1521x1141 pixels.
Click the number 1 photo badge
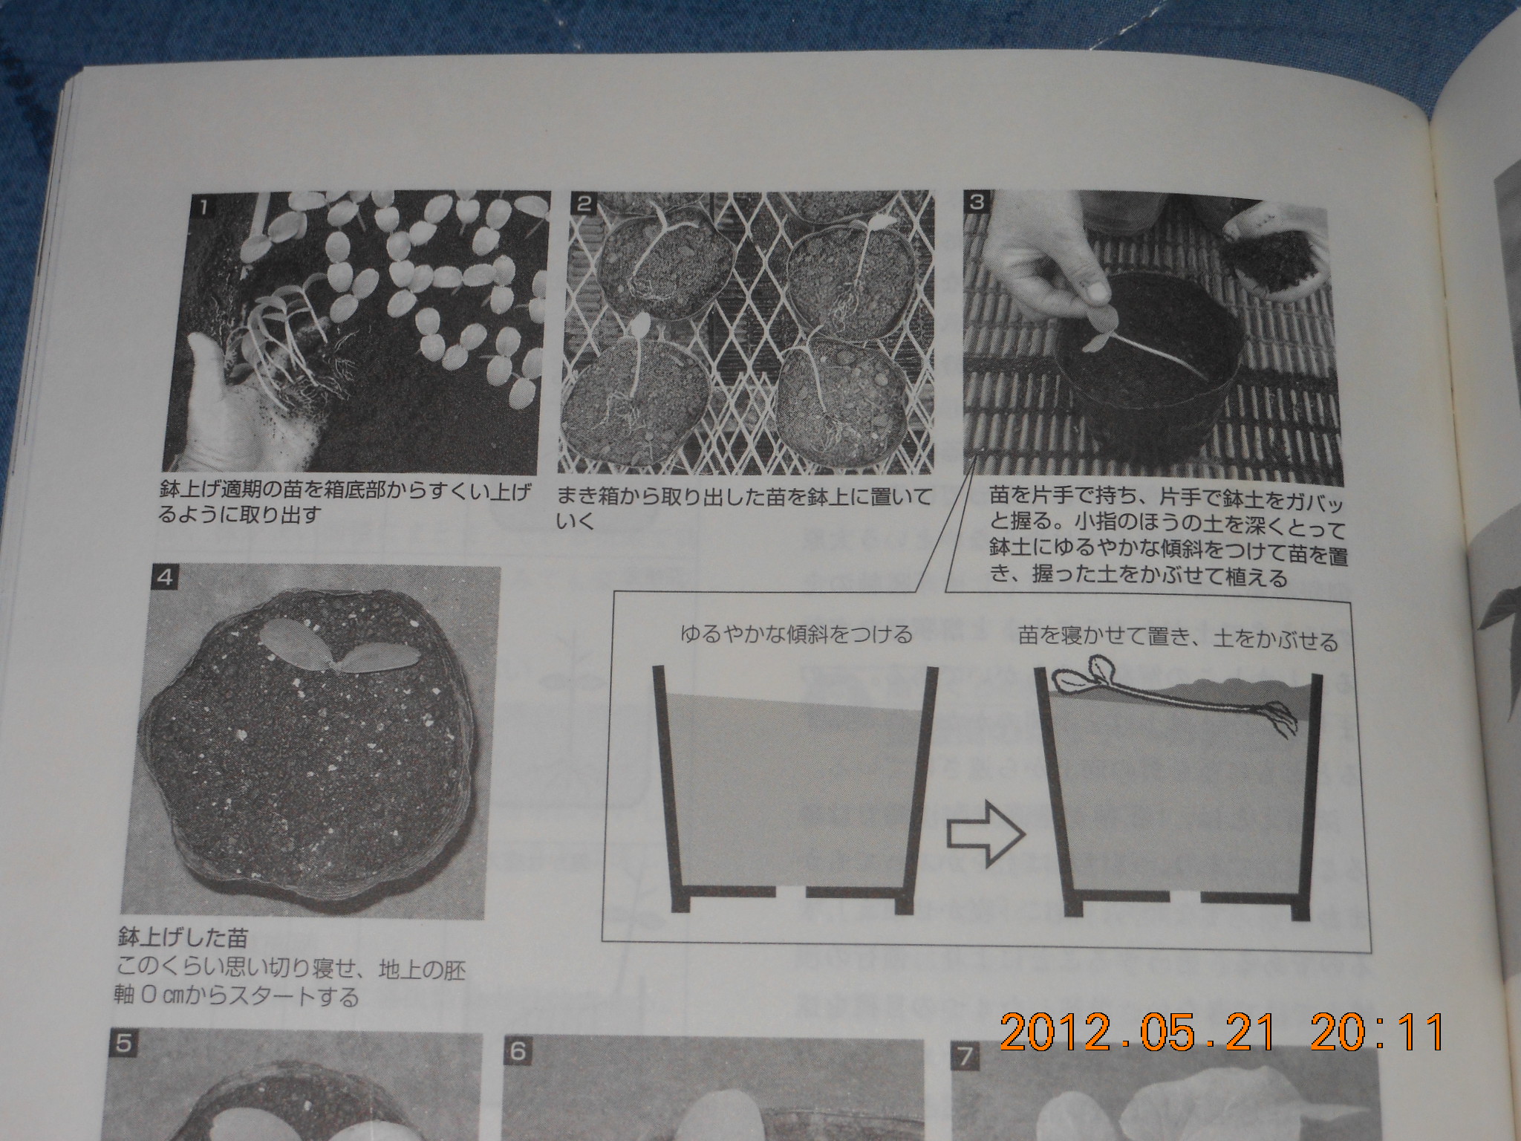[x=201, y=205]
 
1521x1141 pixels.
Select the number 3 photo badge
[x=977, y=202]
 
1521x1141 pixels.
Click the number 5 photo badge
[x=124, y=1044]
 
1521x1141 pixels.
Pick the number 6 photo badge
[x=518, y=1051]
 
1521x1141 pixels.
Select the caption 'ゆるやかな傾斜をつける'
[x=796, y=635]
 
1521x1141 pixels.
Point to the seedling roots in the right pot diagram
[x=1279, y=719]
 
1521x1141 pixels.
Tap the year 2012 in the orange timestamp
[x=1055, y=1031]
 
